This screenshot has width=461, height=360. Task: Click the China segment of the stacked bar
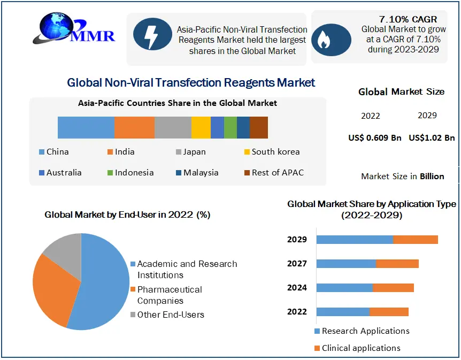[x=86, y=127]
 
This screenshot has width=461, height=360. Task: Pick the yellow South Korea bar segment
[x=201, y=127]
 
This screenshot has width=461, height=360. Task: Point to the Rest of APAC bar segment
[x=259, y=127]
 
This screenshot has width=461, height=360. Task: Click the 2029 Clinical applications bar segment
[x=416, y=239]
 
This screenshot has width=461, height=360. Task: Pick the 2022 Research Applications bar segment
[x=343, y=312]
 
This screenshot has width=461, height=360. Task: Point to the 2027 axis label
[x=297, y=264]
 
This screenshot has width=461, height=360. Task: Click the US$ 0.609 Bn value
[x=374, y=138]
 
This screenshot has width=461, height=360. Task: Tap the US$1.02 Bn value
[x=432, y=138]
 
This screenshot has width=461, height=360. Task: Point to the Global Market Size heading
[x=401, y=92]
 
